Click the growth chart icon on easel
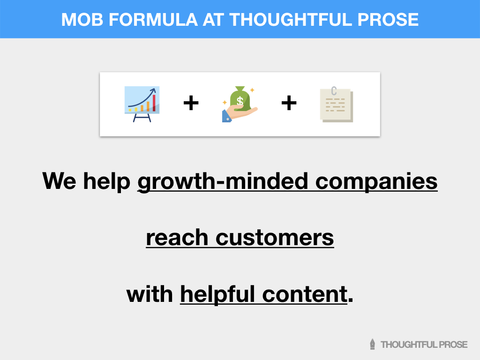click(x=142, y=104)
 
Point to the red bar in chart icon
click(x=153, y=103)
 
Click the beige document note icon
click(x=336, y=105)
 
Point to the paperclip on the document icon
click(x=334, y=90)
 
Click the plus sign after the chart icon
click(x=191, y=104)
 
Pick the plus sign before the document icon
click(x=289, y=104)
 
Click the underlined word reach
click(x=177, y=238)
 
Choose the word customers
click(x=274, y=238)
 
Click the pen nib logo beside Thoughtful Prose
click(x=373, y=344)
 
